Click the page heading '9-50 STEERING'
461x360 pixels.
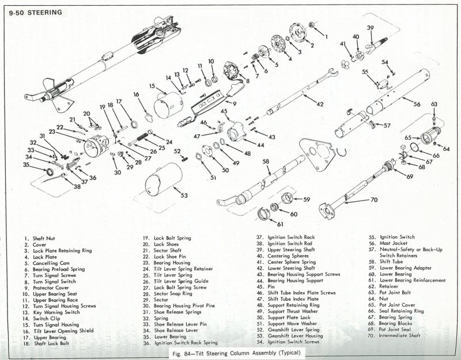[x=36, y=13]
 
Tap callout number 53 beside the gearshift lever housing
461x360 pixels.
[x=184, y=195]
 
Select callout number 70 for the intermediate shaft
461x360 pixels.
[x=374, y=200]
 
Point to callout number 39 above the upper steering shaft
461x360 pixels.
[x=370, y=28]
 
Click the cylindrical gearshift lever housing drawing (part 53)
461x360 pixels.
[x=164, y=179]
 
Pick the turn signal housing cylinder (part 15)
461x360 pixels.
[x=168, y=105]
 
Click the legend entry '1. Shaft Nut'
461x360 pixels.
[x=40, y=238]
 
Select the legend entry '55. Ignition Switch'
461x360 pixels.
[x=392, y=237]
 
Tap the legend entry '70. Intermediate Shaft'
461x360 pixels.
[x=394, y=335]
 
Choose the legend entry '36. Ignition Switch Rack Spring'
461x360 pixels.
[x=180, y=343]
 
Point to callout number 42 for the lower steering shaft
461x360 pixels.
[x=320, y=104]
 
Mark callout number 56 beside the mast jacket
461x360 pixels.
[x=417, y=104]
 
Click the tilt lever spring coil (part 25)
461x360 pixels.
[x=142, y=136]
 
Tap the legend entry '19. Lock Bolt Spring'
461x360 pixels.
[x=167, y=238]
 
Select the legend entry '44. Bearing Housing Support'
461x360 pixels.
[x=290, y=281]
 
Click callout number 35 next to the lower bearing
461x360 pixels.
[x=26, y=165]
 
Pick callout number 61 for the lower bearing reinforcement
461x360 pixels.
[x=280, y=224]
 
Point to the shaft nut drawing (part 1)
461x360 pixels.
[x=311, y=24]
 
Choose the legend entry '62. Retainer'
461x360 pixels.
[x=383, y=286]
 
